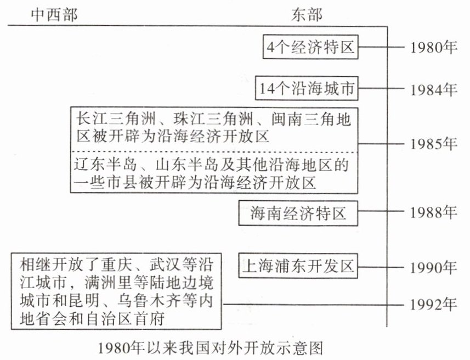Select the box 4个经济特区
pos(310,48)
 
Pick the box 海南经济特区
pos(299,212)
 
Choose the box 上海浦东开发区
pos(298,267)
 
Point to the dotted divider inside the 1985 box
pos(214,151)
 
